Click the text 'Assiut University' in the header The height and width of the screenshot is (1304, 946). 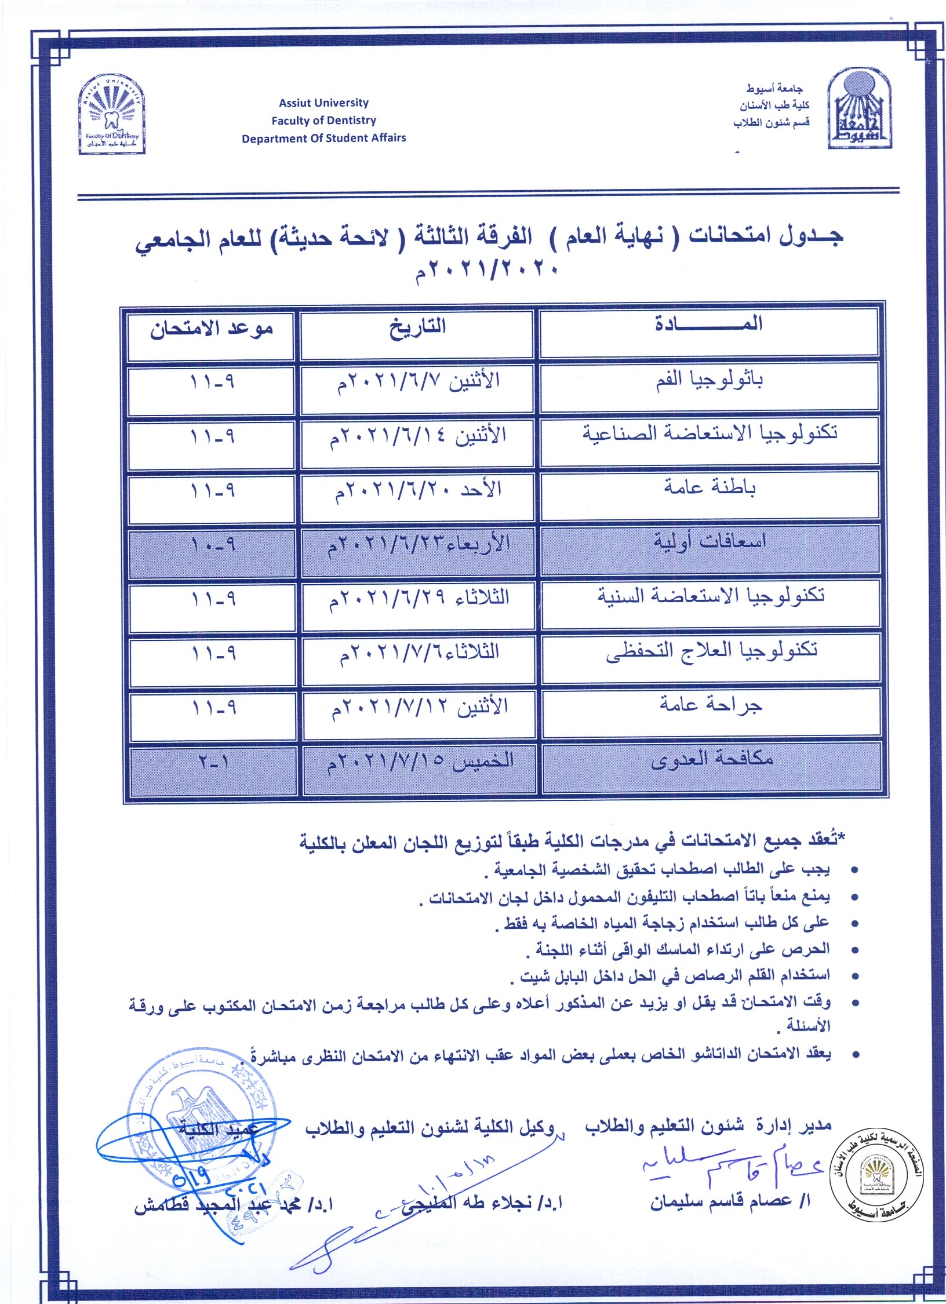(323, 103)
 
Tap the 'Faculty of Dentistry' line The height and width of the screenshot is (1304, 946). (323, 121)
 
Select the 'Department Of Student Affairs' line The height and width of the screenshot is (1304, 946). (323, 139)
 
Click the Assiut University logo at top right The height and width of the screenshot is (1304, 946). (860, 109)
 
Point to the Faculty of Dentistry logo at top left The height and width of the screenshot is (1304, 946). (112, 115)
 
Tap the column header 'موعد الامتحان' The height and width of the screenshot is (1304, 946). (211, 329)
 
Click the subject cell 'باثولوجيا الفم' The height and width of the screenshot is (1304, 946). (709, 381)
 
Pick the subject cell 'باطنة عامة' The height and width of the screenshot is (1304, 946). (710, 489)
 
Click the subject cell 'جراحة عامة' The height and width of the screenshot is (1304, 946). (711, 705)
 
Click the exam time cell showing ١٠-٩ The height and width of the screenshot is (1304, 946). (212, 545)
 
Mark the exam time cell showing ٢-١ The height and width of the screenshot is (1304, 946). (213, 762)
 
